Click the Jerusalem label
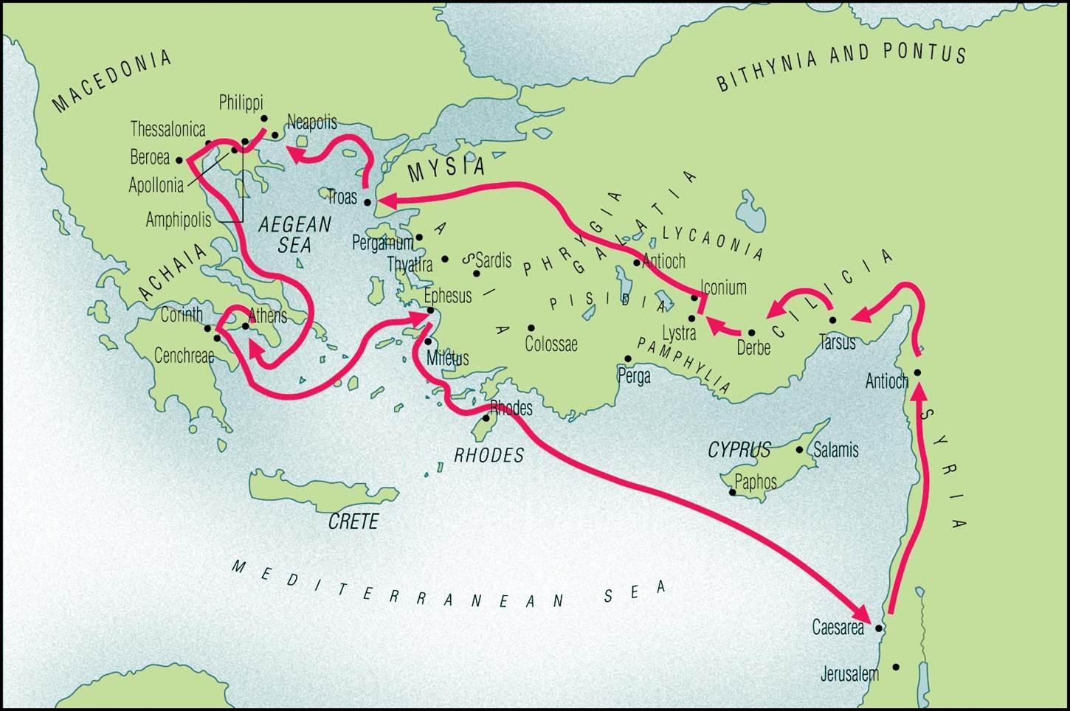pyautogui.click(x=849, y=673)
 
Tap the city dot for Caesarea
pyautogui.click(x=878, y=629)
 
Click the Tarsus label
pyautogui.click(x=837, y=342)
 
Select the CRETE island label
pyautogui.click(x=353, y=521)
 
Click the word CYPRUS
pyautogui.click(x=739, y=449)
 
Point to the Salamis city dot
pyautogui.click(x=799, y=449)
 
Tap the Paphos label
pyautogui.click(x=756, y=482)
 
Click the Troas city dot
pyautogui.click(x=367, y=201)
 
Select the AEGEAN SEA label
pyautogui.click(x=294, y=234)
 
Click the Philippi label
pyautogui.click(x=241, y=103)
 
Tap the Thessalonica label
pyautogui.click(x=168, y=130)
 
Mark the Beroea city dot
pyautogui.click(x=179, y=159)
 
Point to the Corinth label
pyautogui.click(x=181, y=315)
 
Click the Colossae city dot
pyautogui.click(x=531, y=327)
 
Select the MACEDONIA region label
pyautogui.click(x=112, y=80)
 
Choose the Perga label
pyautogui.click(x=634, y=376)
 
